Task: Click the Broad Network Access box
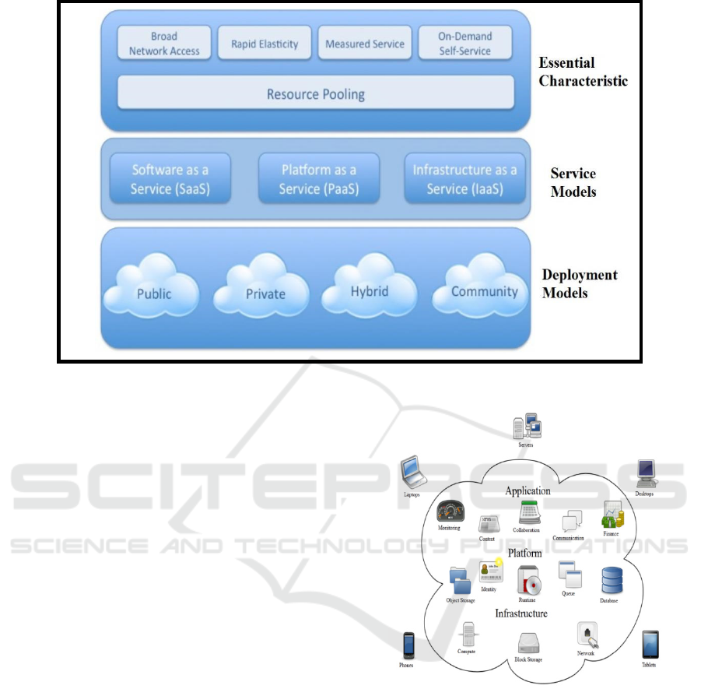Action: pyautogui.click(x=164, y=44)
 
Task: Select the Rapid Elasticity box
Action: pyautogui.click(x=265, y=44)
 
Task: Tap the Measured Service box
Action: pyautogui.click(x=365, y=44)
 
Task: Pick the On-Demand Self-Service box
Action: pyautogui.click(x=465, y=44)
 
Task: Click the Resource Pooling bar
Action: pyautogui.click(x=315, y=94)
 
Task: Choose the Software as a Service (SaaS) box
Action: pyautogui.click(x=170, y=178)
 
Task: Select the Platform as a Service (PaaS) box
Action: pyautogui.click(x=318, y=178)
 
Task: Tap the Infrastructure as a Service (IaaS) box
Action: pyautogui.click(x=464, y=178)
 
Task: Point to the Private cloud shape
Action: pyautogui.click(x=265, y=290)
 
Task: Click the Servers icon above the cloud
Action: pyautogui.click(x=528, y=426)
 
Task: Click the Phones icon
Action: pyautogui.click(x=408, y=645)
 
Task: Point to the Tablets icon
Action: pyautogui.click(x=650, y=645)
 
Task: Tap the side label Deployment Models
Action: pyautogui.click(x=580, y=284)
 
